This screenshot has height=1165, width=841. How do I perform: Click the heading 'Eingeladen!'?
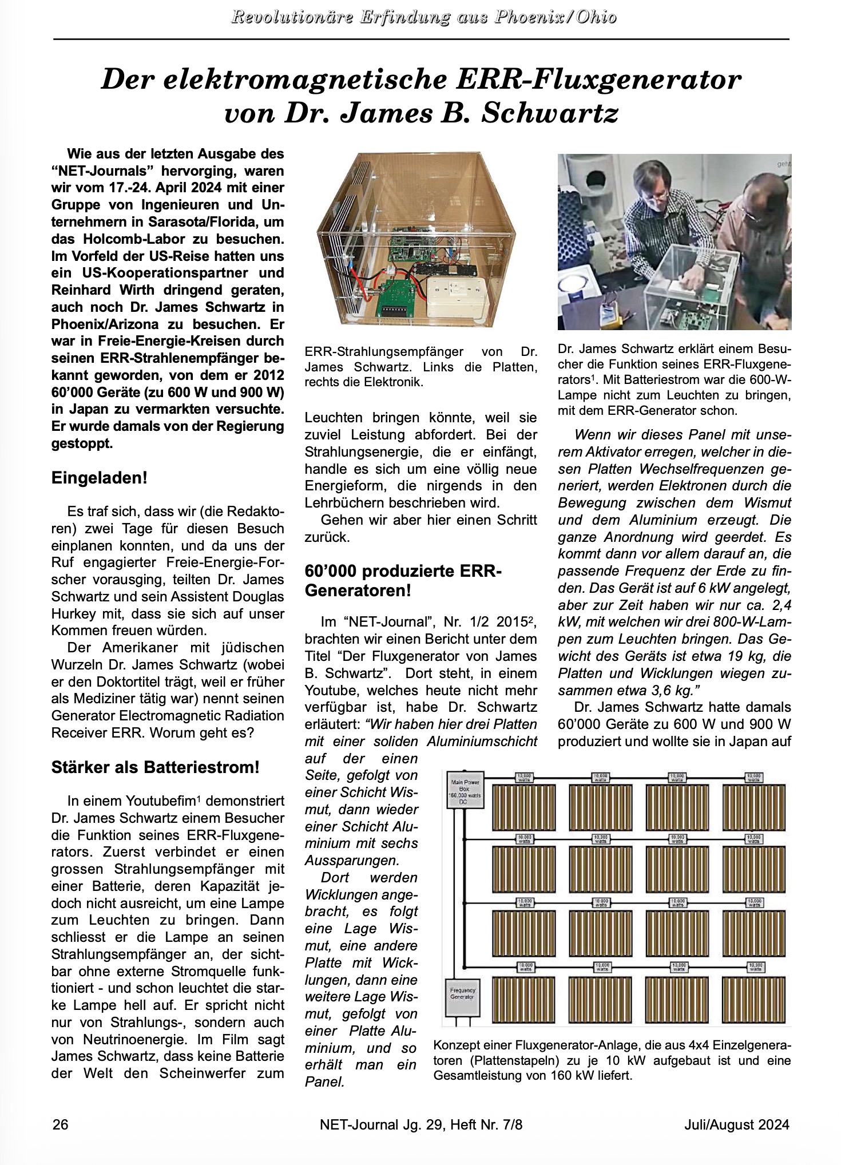point(100,478)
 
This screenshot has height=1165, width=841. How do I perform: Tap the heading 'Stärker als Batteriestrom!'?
point(155,768)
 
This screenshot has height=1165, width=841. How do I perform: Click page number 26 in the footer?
point(61,1124)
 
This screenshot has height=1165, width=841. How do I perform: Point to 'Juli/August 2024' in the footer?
point(736,1124)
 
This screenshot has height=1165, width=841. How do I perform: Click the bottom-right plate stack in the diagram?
point(753,998)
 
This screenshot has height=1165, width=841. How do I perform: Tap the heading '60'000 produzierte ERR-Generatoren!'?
point(403,581)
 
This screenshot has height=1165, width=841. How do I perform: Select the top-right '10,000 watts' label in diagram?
point(753,776)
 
